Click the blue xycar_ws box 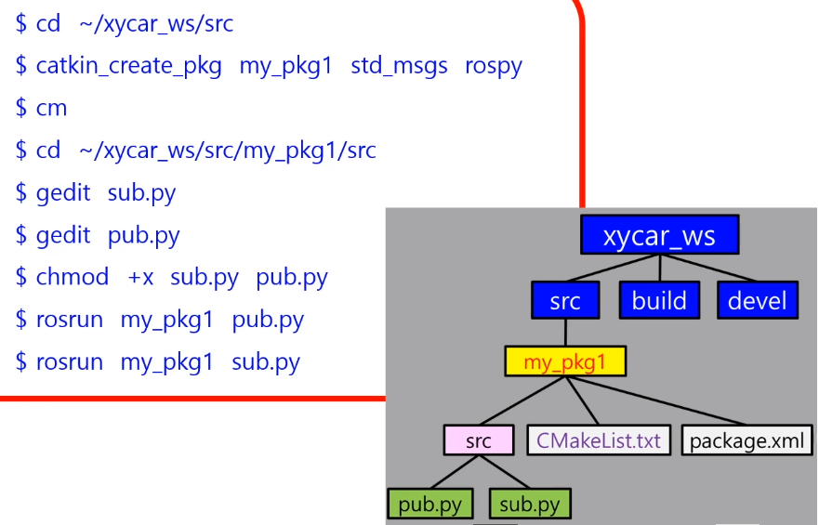tap(659, 235)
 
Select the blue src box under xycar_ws tap(564, 300)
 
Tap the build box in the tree tap(659, 300)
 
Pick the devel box tap(758, 300)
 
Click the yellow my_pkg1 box tap(564, 361)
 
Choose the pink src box tap(478, 440)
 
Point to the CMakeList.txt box tap(598, 440)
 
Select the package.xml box tap(746, 440)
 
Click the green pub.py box tap(429, 505)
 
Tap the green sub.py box tap(529, 505)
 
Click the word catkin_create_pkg tap(128, 66)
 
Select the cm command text tap(51, 108)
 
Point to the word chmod tap(73, 277)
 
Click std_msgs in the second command tap(399, 66)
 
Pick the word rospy tap(494, 66)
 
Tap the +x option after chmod tap(140, 277)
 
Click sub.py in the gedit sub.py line tap(141, 193)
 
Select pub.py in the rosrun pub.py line tap(268, 320)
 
